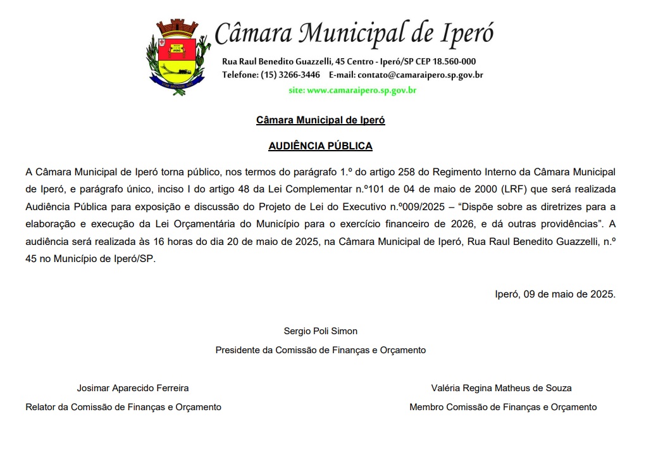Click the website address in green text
(352, 91)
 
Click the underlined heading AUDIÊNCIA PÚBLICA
(320, 146)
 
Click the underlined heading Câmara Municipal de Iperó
(320, 120)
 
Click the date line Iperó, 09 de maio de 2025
(555, 294)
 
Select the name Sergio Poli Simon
(320, 331)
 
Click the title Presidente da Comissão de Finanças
(320, 350)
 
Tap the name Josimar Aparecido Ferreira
(133, 388)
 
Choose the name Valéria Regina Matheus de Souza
(501, 388)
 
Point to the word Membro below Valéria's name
(426, 407)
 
